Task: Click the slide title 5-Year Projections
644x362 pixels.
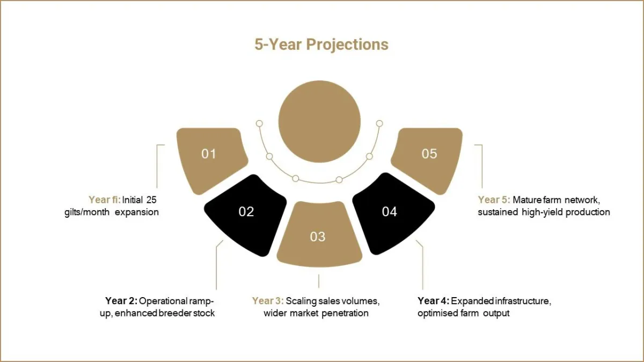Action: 321,45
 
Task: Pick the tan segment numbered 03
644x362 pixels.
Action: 319,234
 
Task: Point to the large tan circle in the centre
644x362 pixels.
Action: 319,122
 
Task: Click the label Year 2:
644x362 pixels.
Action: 121,301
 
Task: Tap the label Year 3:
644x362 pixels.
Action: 268,301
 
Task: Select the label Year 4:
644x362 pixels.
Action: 433,301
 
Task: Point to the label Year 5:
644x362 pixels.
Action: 494,200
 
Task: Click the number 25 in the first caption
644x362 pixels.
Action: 151,200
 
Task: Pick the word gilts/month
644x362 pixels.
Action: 87,212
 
